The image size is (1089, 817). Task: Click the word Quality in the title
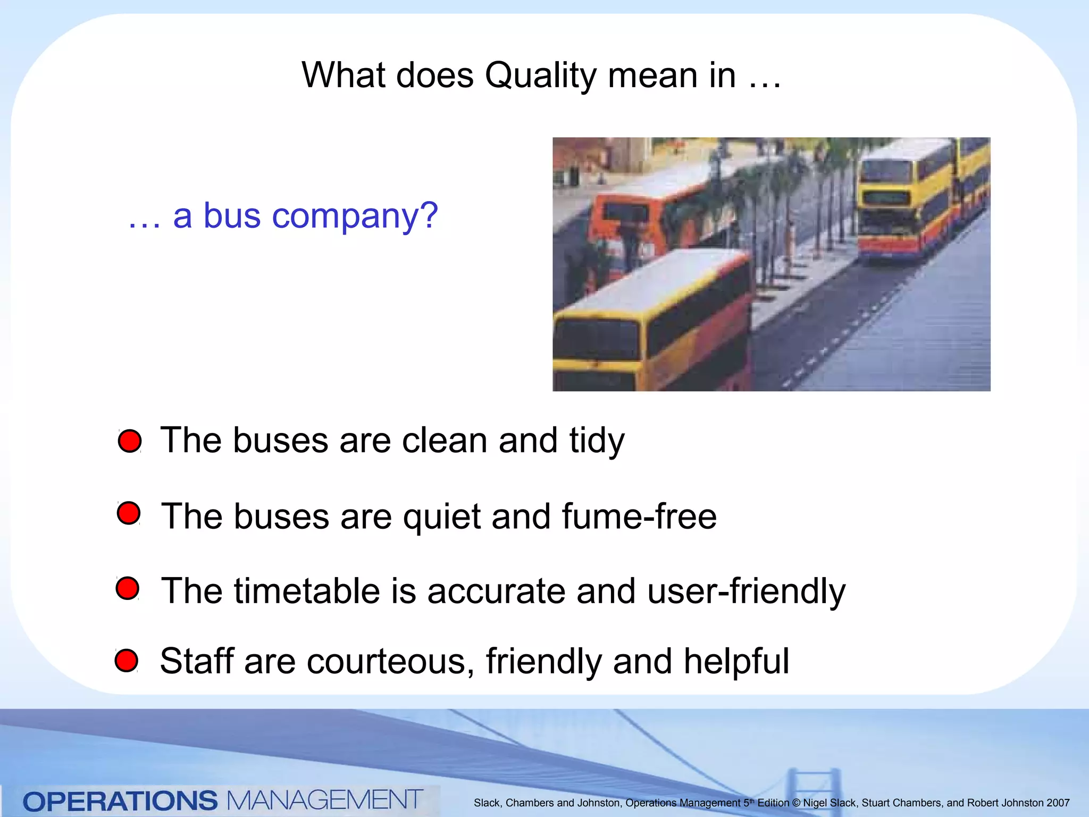tap(540, 76)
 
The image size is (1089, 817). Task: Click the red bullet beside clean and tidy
tap(130, 441)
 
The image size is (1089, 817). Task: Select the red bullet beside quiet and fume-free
tap(129, 513)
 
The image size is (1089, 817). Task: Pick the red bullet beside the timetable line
tap(128, 588)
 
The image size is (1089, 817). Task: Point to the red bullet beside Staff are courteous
tap(127, 661)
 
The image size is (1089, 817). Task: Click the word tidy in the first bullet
tap(597, 441)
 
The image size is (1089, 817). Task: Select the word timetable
tap(306, 591)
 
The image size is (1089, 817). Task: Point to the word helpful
tap(736, 662)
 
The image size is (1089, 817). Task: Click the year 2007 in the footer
tap(1058, 803)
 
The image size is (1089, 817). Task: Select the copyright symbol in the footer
tap(796, 803)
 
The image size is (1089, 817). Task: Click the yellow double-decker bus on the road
tap(904, 202)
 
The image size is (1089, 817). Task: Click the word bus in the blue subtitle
tap(232, 216)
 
